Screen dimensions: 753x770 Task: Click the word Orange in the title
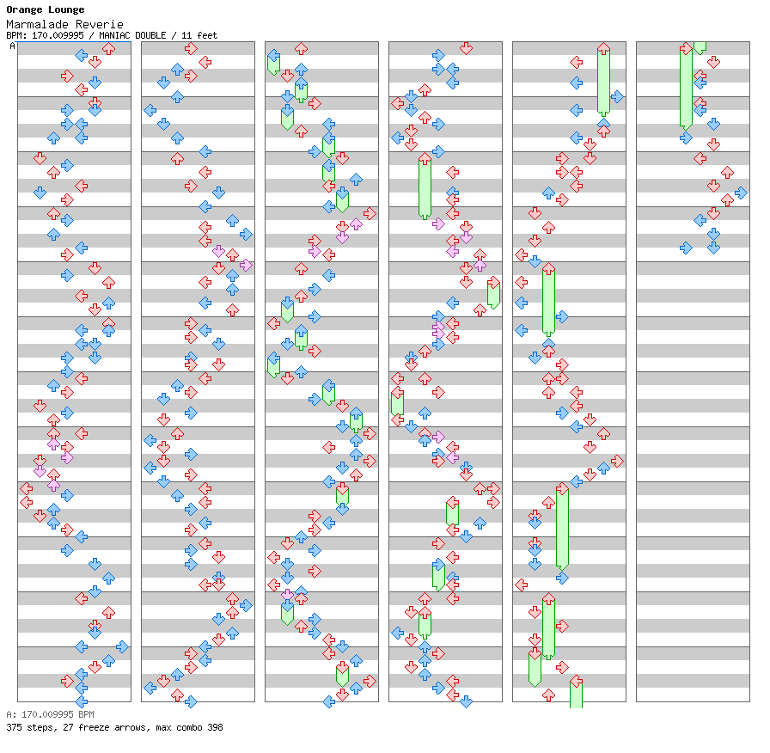pos(24,10)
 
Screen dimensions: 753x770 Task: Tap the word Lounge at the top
pos(67,10)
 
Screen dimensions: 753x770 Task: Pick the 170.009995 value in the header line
pos(56,35)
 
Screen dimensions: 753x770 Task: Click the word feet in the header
pos(205,35)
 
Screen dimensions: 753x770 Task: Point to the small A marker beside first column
pos(12,46)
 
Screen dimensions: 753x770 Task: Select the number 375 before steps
pos(14,727)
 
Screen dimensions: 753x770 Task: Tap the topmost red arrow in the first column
pos(108,49)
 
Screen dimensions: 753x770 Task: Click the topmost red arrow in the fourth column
pos(466,48)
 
